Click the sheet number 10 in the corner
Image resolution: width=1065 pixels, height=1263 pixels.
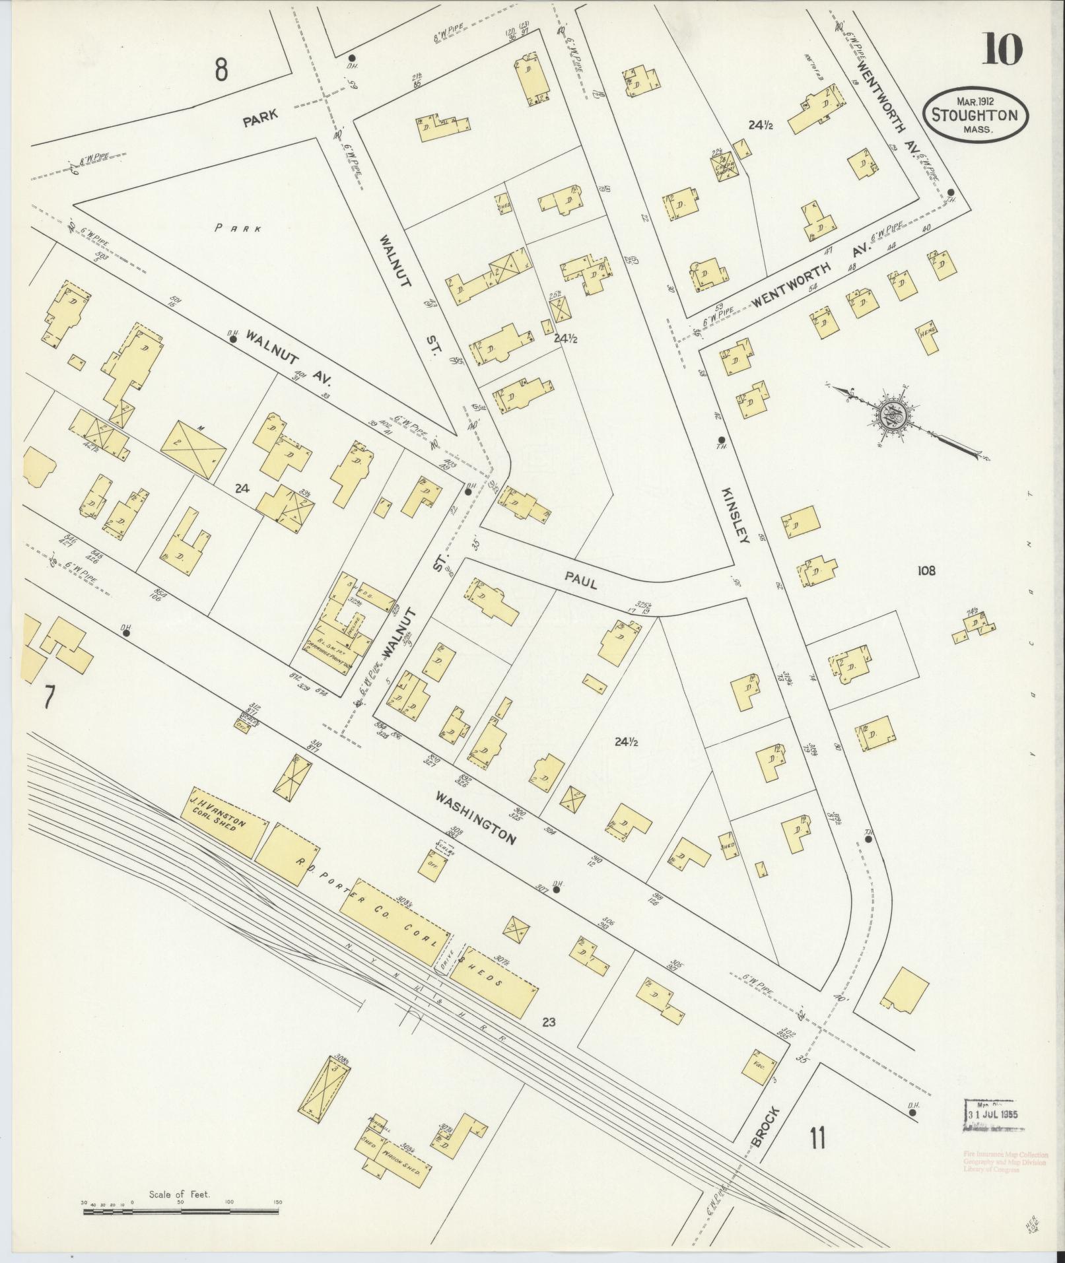[x=1002, y=50]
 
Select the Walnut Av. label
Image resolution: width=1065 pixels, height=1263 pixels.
[x=289, y=358]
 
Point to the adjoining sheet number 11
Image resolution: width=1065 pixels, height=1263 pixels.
[x=818, y=1139]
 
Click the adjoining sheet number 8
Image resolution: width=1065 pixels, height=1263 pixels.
[x=221, y=69]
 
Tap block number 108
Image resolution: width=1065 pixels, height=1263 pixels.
[x=926, y=570]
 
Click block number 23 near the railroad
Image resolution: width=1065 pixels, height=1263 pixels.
[x=549, y=1023]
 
